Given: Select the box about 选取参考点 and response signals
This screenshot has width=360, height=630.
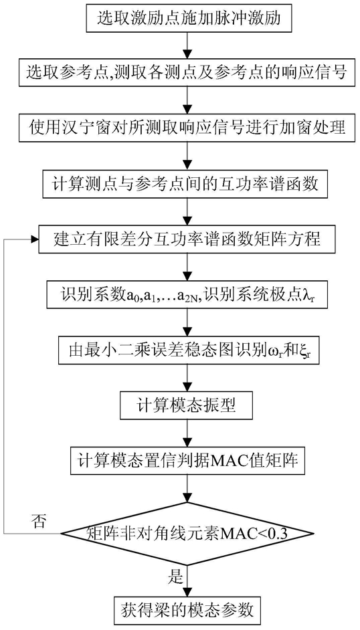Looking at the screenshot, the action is (187, 74).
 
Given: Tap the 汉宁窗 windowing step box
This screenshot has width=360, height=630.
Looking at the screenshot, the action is (187, 129).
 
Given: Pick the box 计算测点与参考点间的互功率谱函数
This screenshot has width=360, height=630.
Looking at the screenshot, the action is (187, 184).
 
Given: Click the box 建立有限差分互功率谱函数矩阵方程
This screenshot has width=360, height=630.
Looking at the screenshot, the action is (187, 239).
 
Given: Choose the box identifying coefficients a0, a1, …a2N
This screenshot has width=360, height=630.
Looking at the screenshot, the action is (187, 294).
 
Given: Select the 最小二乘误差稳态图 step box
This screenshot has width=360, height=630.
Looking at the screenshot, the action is (187, 350).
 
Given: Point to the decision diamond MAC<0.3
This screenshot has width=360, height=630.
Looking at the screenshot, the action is (187, 533).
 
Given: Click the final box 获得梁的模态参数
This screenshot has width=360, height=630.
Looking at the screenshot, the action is (187, 610).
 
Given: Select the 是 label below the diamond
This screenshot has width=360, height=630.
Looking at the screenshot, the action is (175, 577).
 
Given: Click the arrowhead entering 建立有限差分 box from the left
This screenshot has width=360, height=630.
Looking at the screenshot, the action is (35, 239).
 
